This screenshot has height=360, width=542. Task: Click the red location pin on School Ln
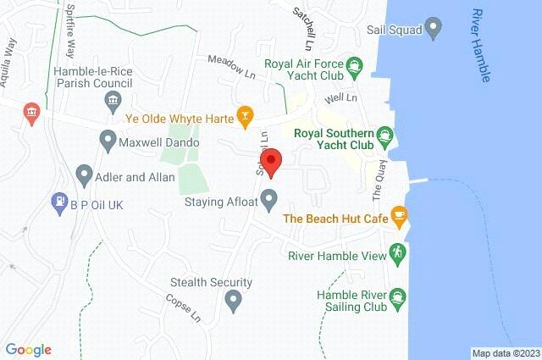[x=270, y=162]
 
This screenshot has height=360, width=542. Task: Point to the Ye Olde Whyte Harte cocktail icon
[x=244, y=114]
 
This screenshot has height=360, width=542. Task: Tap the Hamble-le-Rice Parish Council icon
[x=112, y=102]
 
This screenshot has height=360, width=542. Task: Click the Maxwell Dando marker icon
[x=108, y=138]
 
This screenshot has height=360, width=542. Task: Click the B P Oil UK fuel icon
[x=59, y=202]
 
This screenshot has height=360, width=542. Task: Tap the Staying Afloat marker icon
[x=269, y=201]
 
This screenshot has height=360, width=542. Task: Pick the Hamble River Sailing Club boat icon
[x=398, y=296]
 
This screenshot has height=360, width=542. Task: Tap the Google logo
[x=28, y=349]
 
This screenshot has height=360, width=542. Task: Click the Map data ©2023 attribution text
[x=506, y=353]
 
